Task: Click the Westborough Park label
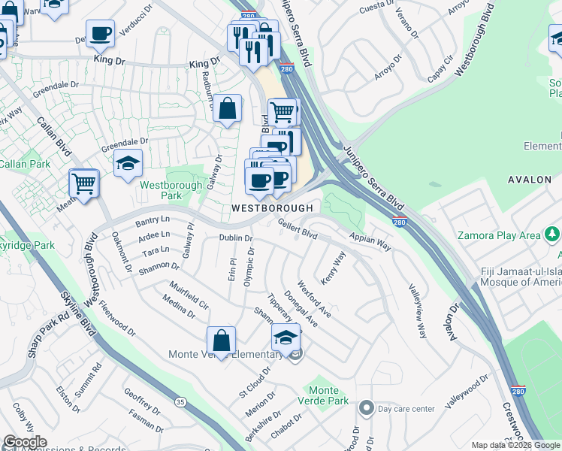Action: [171, 190]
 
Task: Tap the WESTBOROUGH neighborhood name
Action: [271, 207]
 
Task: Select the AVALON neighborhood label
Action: [530, 180]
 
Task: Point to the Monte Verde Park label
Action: [328, 395]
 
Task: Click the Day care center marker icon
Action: [366, 408]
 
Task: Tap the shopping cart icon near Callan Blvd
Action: [83, 181]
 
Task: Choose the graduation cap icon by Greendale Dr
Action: [128, 162]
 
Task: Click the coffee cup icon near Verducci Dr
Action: [100, 32]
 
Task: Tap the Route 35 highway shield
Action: [180, 403]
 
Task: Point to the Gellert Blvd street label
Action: [298, 229]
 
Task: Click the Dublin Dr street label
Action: [235, 238]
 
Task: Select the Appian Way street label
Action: [370, 241]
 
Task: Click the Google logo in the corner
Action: [25, 442]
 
